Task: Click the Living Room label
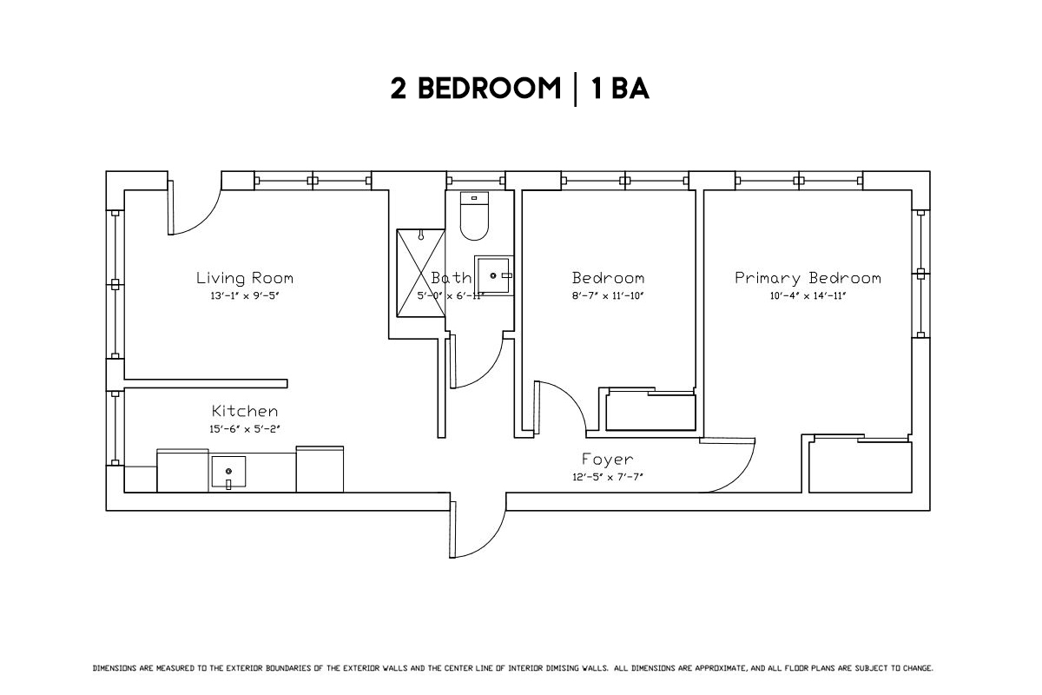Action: tap(244, 278)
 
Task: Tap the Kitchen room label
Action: tap(245, 411)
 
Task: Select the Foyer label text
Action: tap(608, 459)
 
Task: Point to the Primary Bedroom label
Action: tap(808, 278)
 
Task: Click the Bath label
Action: tap(452, 278)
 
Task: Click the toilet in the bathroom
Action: tap(474, 217)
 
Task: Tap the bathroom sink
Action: tap(493, 276)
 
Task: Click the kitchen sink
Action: tap(228, 472)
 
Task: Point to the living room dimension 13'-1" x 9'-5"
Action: tap(244, 296)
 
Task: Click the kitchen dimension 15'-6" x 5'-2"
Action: tap(245, 428)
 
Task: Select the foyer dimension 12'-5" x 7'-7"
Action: tap(608, 476)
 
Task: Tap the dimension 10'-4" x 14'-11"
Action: tap(808, 296)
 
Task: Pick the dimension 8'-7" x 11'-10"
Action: tap(608, 296)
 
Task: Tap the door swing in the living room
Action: tap(194, 211)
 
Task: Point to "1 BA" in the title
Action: tap(620, 89)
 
